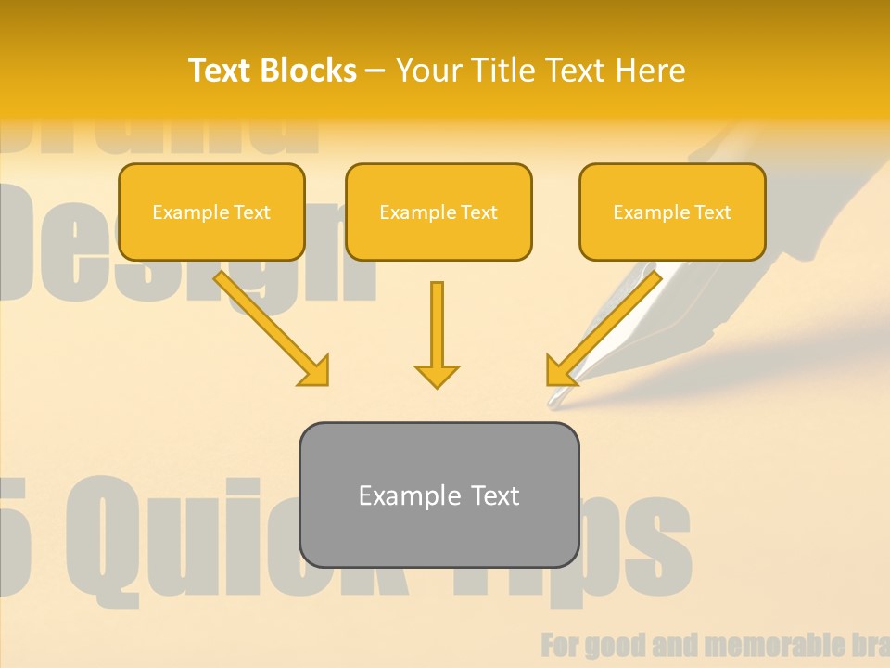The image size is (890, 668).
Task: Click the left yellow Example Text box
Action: (211, 212)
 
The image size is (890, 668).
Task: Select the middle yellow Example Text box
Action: (439, 212)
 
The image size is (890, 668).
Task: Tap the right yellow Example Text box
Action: (672, 212)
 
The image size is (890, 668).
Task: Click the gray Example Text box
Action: (439, 495)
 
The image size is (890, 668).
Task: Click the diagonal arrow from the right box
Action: (604, 328)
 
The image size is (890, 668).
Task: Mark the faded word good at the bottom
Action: (612, 645)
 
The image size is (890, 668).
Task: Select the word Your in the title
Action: (427, 71)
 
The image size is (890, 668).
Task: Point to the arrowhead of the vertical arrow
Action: (437, 376)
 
